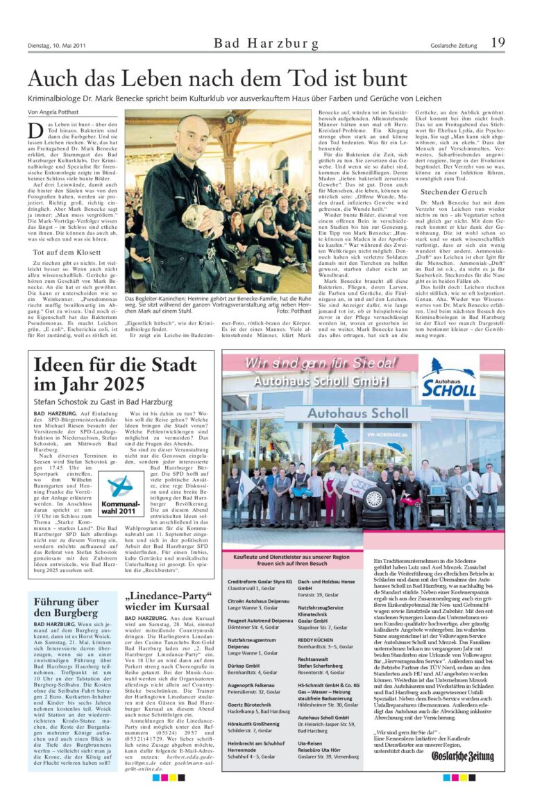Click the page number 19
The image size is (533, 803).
click(498, 43)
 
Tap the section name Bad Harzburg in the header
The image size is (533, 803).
click(266, 44)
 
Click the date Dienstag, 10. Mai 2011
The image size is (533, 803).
click(57, 46)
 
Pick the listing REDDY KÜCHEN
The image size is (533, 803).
click(316, 639)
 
